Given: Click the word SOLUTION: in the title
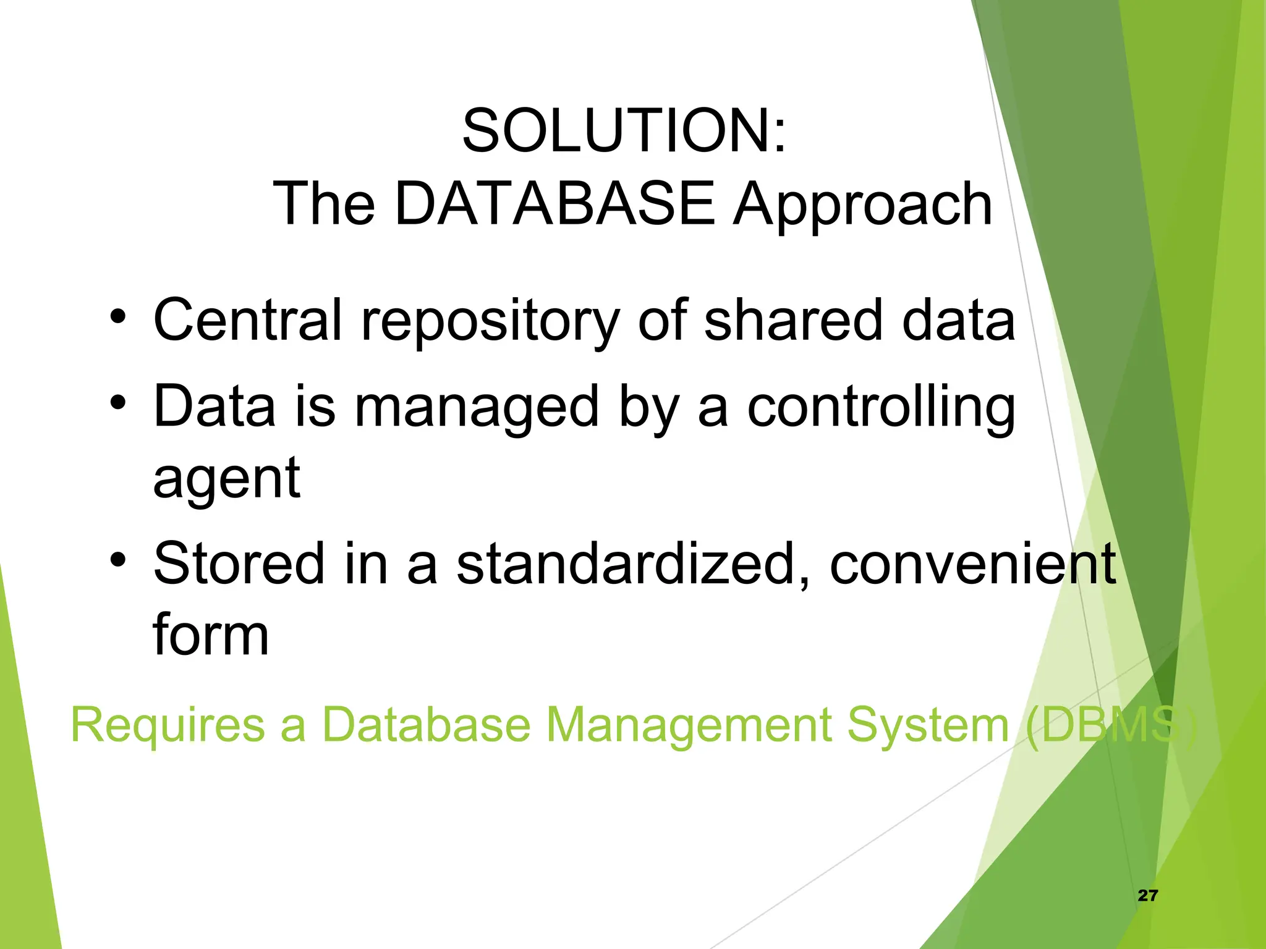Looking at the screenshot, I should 624,131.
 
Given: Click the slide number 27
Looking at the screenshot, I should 1147,895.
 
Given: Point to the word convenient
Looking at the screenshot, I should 972,563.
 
